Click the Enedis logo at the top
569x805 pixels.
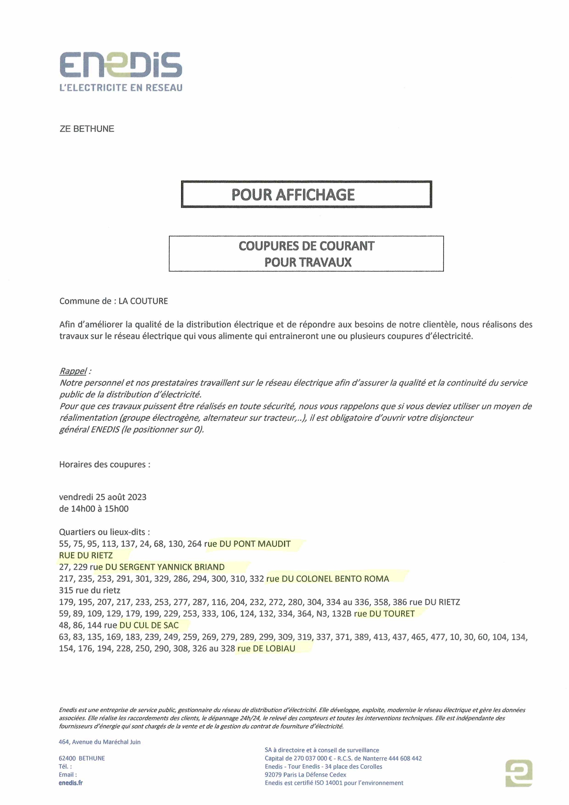121,65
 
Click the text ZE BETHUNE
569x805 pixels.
87,129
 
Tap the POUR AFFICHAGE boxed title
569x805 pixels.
306,194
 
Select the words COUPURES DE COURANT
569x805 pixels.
306,246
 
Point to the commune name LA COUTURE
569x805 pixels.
143,301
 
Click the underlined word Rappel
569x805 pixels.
73,371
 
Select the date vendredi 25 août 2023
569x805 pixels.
103,497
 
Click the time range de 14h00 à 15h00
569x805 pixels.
94,509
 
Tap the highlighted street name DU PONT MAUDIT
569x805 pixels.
255,544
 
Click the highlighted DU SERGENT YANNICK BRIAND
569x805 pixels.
165,567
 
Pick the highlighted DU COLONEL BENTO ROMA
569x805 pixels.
335,579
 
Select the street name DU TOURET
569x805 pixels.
392,614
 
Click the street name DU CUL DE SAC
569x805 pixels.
149,626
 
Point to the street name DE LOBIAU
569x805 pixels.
274,649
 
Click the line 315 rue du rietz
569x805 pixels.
89,591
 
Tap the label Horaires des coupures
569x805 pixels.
105,465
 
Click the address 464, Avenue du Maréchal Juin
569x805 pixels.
99,742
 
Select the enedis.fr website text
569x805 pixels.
71,783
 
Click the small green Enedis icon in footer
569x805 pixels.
519,773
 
